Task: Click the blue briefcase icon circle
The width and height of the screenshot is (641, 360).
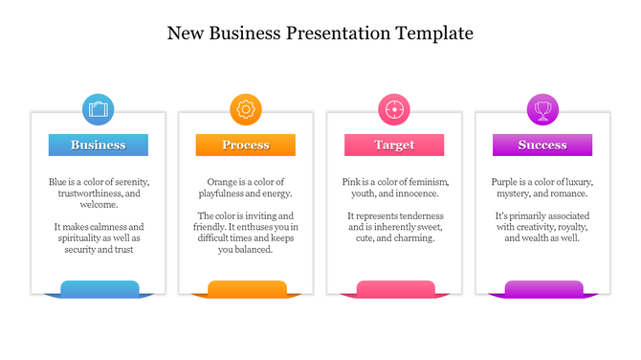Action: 98,109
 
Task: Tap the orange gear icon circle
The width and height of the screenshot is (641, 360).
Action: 246,109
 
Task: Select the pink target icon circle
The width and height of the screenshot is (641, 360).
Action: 393,109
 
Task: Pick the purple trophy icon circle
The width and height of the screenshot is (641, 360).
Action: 542,109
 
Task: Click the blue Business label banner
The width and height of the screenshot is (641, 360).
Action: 99,146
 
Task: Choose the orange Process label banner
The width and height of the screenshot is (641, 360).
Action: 246,146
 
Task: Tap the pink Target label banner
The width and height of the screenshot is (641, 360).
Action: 394,146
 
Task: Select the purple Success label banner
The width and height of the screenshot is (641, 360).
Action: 542,146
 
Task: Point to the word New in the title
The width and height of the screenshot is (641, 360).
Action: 185,34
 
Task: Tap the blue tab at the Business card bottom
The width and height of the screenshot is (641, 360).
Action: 99,287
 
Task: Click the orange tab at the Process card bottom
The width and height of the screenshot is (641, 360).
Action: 247,287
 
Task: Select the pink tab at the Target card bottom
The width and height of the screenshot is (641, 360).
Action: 395,287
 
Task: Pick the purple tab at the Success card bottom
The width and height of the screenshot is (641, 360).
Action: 542,287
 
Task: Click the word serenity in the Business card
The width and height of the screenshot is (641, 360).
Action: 130,182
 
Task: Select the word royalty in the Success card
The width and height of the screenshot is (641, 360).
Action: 567,228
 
